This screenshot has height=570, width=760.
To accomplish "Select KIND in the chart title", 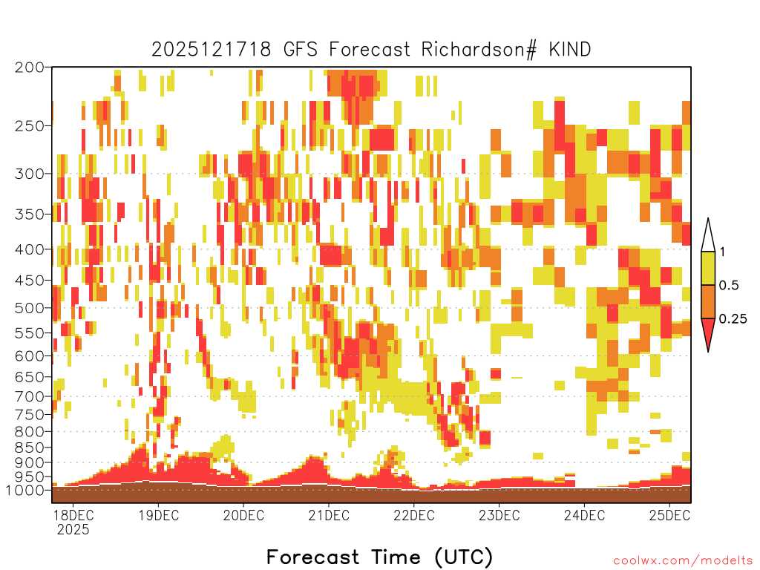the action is pos(570,50).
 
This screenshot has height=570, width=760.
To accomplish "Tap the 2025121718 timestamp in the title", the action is pos(212,50).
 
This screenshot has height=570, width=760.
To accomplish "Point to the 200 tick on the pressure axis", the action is pos(30,68).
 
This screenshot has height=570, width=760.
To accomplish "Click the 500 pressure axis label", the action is pos(30,308).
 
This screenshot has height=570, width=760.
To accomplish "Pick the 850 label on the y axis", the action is pos(30,448).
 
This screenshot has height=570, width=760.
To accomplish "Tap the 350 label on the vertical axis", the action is pos(30,214).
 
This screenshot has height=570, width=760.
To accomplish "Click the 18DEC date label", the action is pos(73,515).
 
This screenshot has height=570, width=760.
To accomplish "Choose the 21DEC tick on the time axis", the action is pos(329,515).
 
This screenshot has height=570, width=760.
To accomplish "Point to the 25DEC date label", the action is pos(669,515).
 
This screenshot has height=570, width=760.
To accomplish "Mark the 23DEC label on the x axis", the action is pos(499,515).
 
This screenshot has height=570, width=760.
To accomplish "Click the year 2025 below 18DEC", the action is pos(73,530).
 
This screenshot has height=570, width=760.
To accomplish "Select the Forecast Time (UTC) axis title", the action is pos(379,557).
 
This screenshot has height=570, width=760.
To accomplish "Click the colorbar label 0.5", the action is pos(729,286).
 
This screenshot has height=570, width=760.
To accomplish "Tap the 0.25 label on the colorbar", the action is pos(733,319).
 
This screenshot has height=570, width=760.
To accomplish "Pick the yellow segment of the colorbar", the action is pos(708,269).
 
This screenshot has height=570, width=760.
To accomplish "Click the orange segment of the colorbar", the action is pos(708,302).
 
